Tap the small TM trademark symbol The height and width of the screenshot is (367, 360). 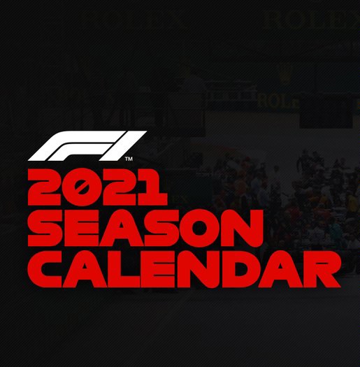click(129, 159)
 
